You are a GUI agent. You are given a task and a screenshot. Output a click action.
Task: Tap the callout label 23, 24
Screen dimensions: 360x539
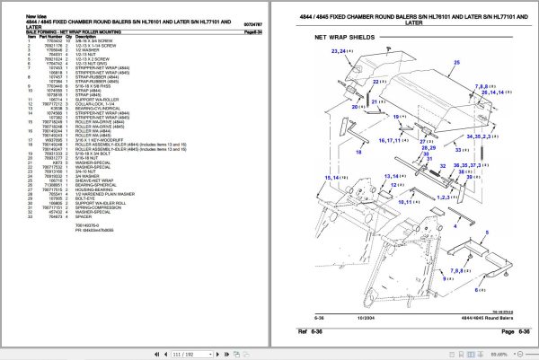[x=340, y=52]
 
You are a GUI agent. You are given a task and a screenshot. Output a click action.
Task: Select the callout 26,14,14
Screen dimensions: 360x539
[x=498, y=91]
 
